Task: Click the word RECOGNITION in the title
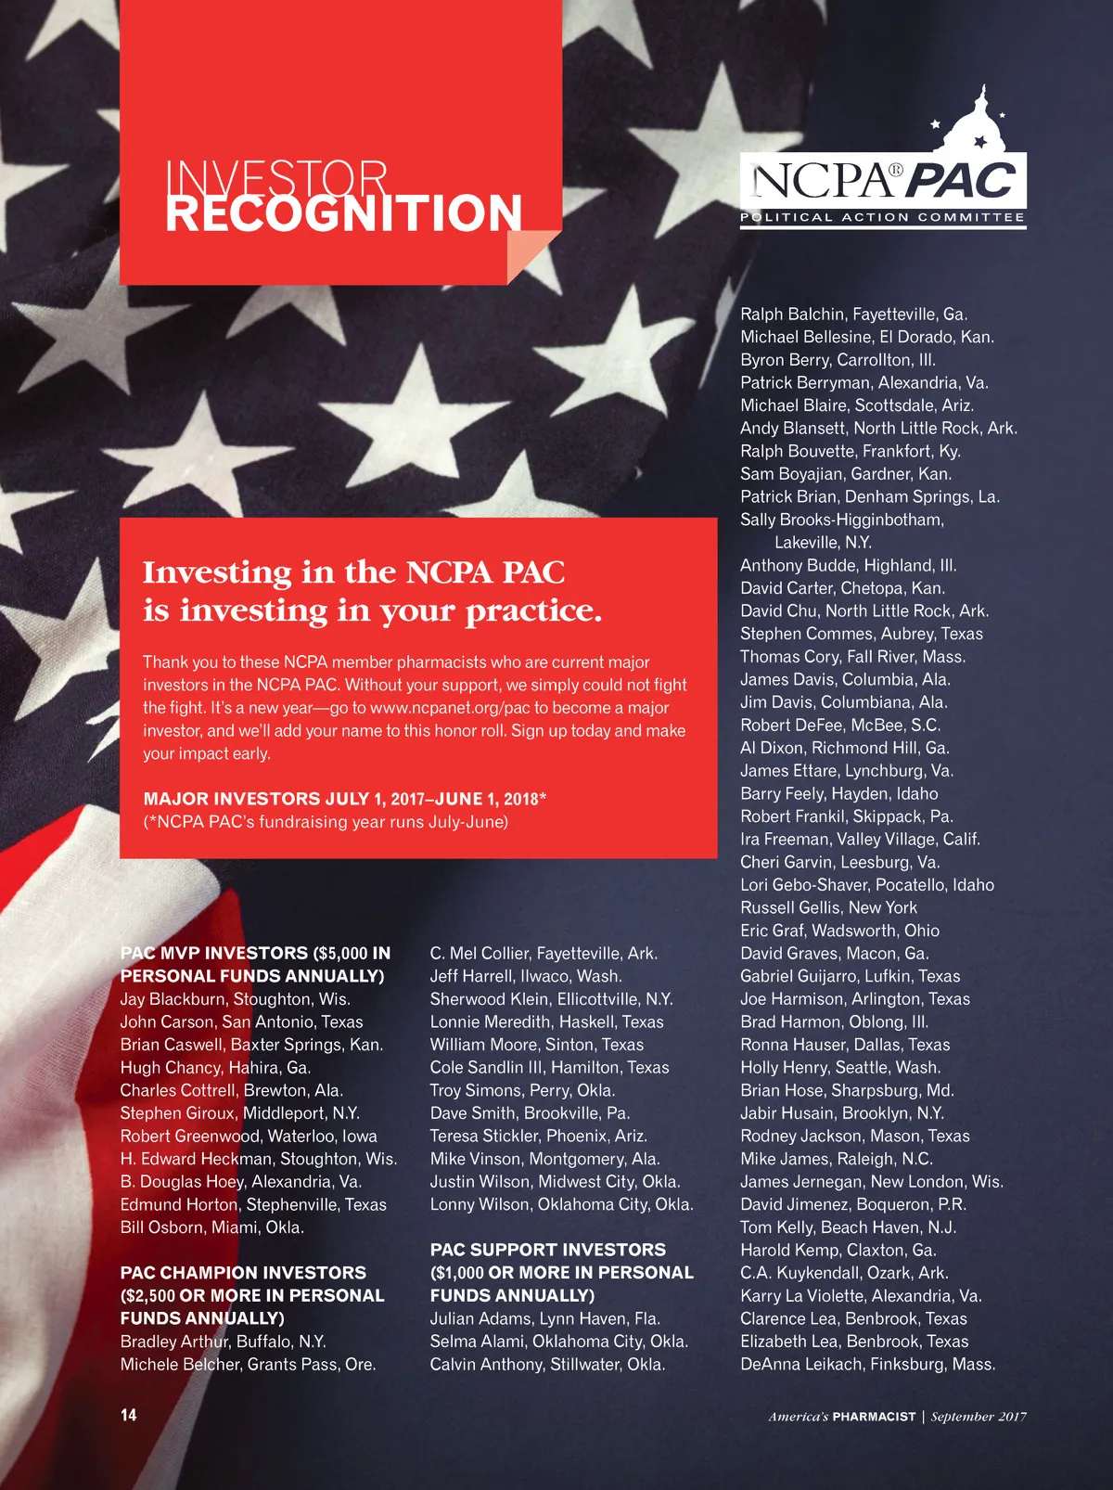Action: pyautogui.click(x=343, y=213)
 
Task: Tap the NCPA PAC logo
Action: pyautogui.click(x=883, y=176)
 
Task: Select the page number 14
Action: pyautogui.click(x=128, y=1415)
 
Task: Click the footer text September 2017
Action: pyautogui.click(x=979, y=1417)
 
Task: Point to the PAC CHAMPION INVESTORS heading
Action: pyautogui.click(x=243, y=1273)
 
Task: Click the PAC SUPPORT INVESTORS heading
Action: pyautogui.click(x=548, y=1250)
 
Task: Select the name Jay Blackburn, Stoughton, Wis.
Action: pyautogui.click(x=235, y=999)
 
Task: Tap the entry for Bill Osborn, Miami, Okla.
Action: pyautogui.click(x=211, y=1227)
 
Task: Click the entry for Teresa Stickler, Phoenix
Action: pyautogui.click(x=538, y=1136)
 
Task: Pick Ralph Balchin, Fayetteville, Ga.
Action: pyautogui.click(x=853, y=315)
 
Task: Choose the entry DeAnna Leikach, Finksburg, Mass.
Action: pyautogui.click(x=867, y=1364)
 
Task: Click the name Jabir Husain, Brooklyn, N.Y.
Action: pyautogui.click(x=842, y=1113)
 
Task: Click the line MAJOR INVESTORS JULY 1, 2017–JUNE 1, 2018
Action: pyautogui.click(x=344, y=799)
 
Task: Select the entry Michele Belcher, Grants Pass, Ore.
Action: pyautogui.click(x=248, y=1364)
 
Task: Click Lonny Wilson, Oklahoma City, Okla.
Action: pyautogui.click(x=561, y=1204)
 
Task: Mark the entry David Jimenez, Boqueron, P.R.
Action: pyautogui.click(x=852, y=1204)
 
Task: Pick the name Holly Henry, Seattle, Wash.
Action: pyautogui.click(x=840, y=1068)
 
